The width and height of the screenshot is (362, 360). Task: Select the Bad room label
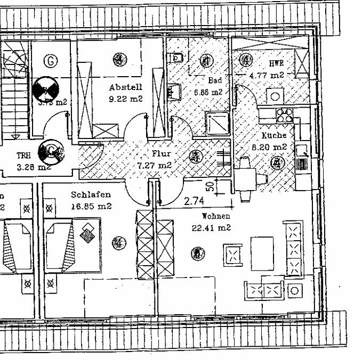(215, 80)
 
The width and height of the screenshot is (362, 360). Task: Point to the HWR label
(277, 64)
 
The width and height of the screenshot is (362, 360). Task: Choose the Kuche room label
(274, 136)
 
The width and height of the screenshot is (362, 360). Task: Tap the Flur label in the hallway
(160, 154)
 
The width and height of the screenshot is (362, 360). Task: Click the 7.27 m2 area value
(155, 165)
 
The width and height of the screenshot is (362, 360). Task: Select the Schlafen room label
(91, 195)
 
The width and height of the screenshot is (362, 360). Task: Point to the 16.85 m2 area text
(91, 206)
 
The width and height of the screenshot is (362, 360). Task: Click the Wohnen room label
(216, 217)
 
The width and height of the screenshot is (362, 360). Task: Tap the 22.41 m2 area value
(211, 228)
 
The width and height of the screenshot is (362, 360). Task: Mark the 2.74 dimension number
(195, 201)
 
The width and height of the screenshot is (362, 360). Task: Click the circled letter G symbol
(51, 61)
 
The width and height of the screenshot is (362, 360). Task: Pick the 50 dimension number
(211, 187)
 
